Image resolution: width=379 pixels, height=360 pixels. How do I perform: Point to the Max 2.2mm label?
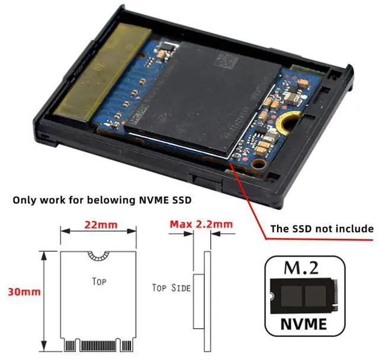tap(201, 224)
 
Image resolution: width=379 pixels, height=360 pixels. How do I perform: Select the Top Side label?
tap(171, 288)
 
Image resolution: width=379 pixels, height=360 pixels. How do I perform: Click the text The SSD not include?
tap(322, 229)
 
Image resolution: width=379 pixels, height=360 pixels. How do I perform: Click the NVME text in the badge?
tap(304, 324)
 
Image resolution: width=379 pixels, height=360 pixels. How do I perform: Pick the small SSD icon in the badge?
tap(304, 297)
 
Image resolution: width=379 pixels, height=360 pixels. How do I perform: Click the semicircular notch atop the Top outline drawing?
tap(99, 255)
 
